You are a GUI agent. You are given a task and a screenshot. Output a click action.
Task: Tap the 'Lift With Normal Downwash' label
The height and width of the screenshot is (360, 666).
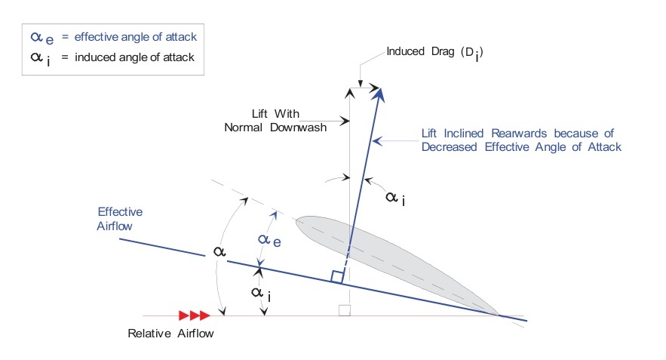(x=275, y=120)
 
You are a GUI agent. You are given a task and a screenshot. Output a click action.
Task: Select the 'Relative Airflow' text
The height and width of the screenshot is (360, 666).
(x=170, y=333)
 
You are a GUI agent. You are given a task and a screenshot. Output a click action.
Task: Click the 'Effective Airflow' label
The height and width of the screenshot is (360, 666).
(x=120, y=219)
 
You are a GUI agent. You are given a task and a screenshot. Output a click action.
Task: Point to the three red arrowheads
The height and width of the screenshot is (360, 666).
(x=194, y=315)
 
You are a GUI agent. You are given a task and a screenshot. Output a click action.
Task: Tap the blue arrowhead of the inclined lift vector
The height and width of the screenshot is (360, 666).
(x=380, y=94)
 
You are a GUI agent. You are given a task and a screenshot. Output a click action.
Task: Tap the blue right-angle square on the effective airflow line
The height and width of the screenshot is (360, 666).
(x=337, y=277)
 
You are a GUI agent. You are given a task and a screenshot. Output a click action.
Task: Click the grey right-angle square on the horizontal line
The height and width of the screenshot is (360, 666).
(x=344, y=310)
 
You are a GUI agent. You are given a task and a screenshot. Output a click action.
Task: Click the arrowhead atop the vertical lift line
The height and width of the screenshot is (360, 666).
(x=349, y=91)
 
